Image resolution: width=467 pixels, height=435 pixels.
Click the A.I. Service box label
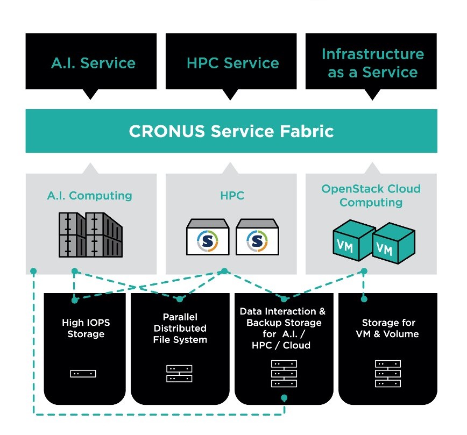pos(93,63)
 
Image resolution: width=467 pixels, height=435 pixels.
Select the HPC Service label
pos(232,63)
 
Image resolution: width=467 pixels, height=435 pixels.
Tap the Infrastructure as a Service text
pos(372,63)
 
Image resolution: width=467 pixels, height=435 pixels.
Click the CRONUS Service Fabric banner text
pos(231,131)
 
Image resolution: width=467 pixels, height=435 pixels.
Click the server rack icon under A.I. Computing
pos(90,234)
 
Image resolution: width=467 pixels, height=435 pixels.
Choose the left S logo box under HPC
pos(208,237)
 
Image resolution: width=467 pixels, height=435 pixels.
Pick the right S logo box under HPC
pos(257,237)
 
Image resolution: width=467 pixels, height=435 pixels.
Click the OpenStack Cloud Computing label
pos(371,196)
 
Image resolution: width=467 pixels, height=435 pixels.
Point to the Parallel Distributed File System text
pos(180,328)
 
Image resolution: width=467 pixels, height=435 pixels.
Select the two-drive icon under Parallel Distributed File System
pos(179,373)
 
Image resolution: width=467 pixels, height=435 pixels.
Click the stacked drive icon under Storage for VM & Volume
pos(388,373)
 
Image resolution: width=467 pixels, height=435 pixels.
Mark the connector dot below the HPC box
pos(225,271)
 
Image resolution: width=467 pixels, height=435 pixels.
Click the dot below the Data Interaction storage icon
pos(284,398)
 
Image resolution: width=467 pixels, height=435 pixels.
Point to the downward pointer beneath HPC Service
pos(230,95)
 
